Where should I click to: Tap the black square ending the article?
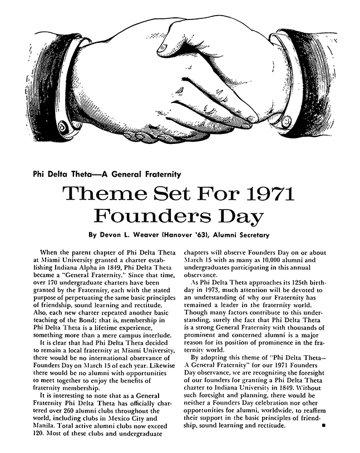click(x=324, y=426)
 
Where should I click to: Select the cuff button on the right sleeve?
click(x=287, y=118)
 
